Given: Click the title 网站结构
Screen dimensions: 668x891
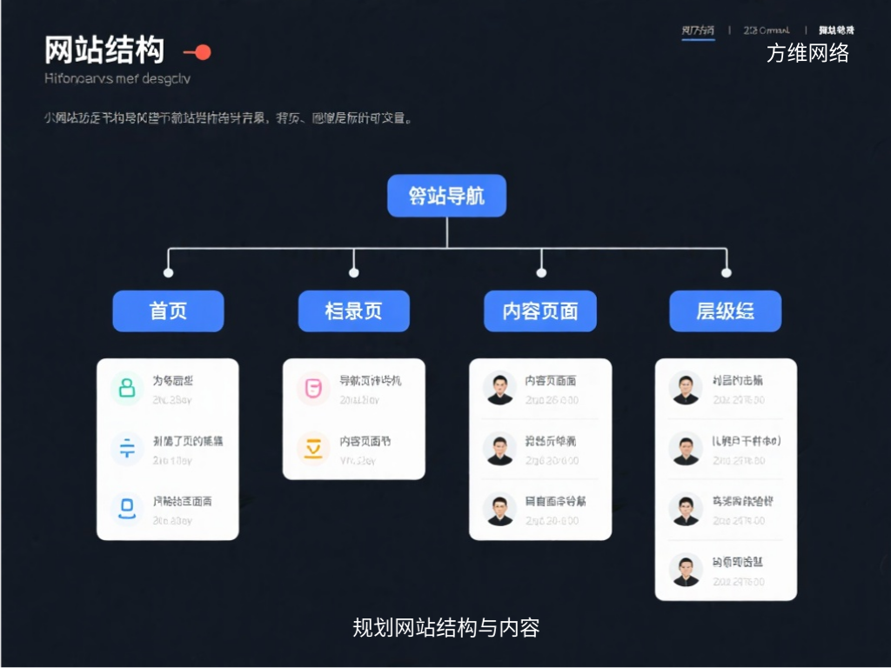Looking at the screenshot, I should click(x=104, y=50).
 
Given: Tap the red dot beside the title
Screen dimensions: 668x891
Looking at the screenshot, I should click(x=203, y=52).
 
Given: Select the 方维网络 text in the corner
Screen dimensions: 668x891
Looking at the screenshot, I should click(x=807, y=53).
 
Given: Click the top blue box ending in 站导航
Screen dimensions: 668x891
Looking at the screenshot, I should click(x=446, y=196).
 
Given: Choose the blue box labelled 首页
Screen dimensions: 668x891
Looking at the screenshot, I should click(x=168, y=311).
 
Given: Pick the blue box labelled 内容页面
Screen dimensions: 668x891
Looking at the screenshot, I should click(x=540, y=311).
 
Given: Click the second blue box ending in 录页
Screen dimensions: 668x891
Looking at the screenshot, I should click(x=353, y=311).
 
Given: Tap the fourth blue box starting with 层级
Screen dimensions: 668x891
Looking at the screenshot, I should click(x=725, y=311).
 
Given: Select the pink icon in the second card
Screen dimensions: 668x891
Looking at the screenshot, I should click(x=313, y=388).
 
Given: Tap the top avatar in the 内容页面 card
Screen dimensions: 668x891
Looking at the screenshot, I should click(x=499, y=388).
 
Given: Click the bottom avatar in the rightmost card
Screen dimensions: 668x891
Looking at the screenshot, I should click(x=686, y=569).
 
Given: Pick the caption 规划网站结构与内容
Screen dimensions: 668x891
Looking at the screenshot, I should click(x=445, y=627).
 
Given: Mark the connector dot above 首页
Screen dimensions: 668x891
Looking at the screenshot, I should click(x=168, y=272).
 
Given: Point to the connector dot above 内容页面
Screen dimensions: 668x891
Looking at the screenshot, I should click(x=541, y=272).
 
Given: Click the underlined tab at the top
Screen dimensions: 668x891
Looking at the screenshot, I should click(x=698, y=30).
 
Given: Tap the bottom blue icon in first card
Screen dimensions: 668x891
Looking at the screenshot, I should click(x=127, y=506).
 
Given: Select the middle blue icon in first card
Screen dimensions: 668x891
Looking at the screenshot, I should click(x=127, y=447).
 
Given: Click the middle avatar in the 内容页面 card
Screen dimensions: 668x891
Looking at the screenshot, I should click(x=499, y=447).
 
